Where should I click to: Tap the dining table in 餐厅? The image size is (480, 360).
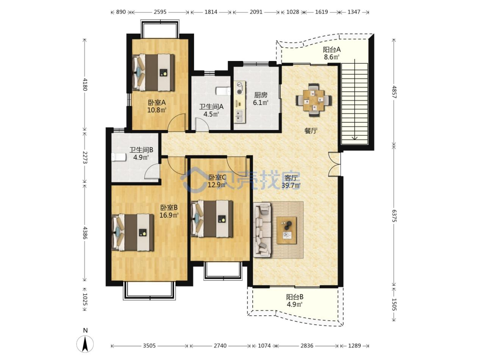314,100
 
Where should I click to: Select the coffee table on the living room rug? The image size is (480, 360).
286,230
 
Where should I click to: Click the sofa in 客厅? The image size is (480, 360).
263,230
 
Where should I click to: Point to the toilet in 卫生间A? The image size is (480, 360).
223,91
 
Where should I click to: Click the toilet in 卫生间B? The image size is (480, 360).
119,157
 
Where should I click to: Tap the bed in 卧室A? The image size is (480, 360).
153,72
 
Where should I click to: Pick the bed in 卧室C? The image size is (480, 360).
212,219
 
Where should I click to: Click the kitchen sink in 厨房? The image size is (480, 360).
240,116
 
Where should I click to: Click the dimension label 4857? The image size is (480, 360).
394,92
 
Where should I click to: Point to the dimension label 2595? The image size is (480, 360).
160,12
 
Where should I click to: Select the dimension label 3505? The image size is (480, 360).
149,346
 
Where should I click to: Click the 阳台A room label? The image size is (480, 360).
332,50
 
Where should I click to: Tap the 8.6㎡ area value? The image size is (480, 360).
331,57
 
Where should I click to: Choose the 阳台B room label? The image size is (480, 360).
295,297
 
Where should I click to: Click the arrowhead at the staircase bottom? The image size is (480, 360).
355,138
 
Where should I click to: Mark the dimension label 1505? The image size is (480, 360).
394,304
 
